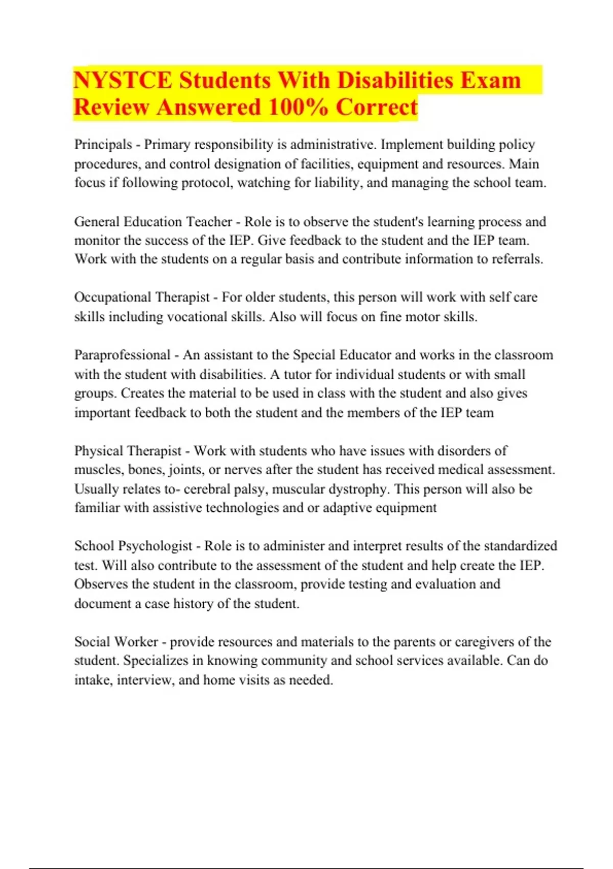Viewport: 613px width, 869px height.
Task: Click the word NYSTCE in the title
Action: tap(123, 80)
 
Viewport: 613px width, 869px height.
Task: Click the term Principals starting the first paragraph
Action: tap(103, 145)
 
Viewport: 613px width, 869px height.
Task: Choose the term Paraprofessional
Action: tap(122, 355)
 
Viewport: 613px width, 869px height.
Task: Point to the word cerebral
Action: tap(206, 489)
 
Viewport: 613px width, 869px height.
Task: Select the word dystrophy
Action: tap(358, 489)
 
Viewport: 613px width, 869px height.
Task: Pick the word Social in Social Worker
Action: tap(92, 642)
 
